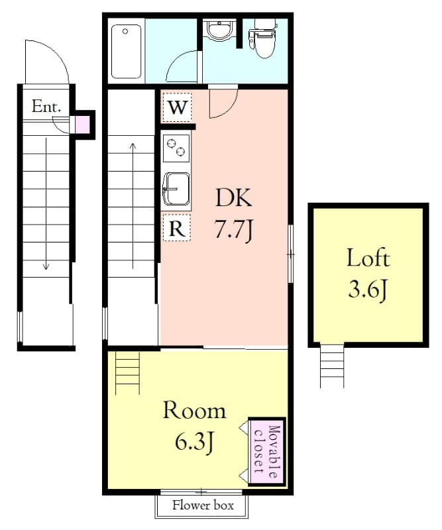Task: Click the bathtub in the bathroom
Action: coord(126,52)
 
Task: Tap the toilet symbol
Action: coord(263,38)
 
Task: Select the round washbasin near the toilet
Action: coord(219,30)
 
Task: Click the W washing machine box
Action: coord(177,107)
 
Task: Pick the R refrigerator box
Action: coord(177,227)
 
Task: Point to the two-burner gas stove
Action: coord(176,148)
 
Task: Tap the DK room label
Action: coord(234,197)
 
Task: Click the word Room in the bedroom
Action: coord(194,411)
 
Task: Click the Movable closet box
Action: coord(267,452)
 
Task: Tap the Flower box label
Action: coord(203,505)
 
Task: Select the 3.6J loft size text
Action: coord(368,290)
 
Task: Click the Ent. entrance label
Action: coord(46,107)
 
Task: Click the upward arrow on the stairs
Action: coord(133,205)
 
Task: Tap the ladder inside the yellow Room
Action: coord(127,372)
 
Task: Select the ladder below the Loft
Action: coord(332,365)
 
